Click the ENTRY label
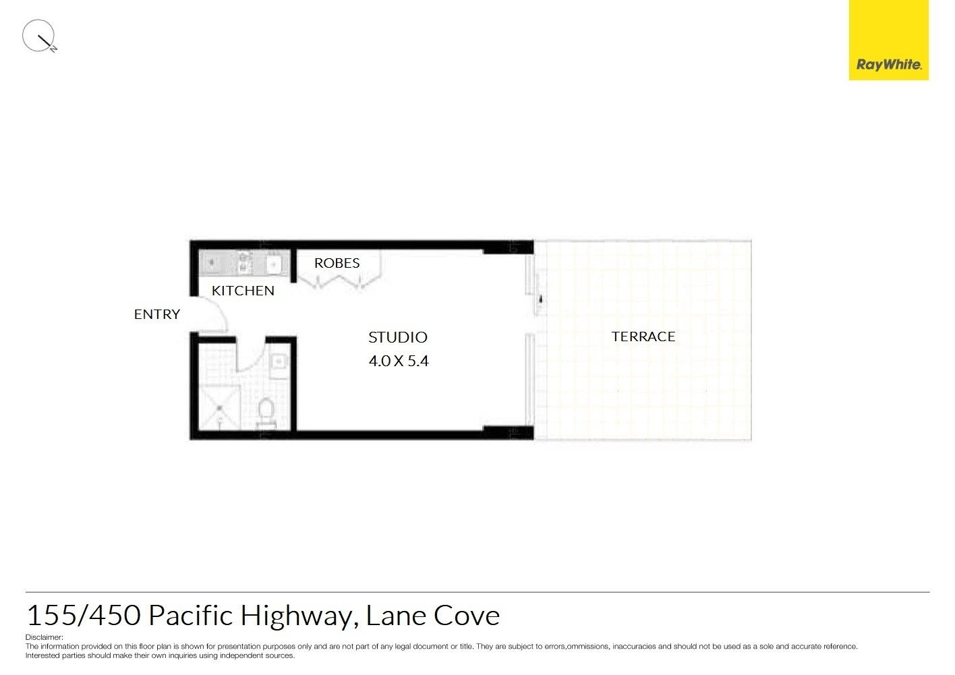(x=157, y=314)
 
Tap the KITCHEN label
(x=243, y=291)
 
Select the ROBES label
(x=337, y=263)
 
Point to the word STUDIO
(x=398, y=337)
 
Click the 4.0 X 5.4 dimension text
(x=399, y=361)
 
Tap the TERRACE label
(x=643, y=336)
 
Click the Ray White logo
(x=889, y=40)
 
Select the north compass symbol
(x=39, y=36)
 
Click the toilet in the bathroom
(x=266, y=413)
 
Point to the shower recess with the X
(x=220, y=408)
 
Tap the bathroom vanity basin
(x=280, y=362)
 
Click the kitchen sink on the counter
(x=273, y=264)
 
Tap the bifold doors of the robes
(x=339, y=281)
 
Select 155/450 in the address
(x=84, y=616)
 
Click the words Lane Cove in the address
(x=433, y=616)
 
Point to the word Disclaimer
(x=45, y=637)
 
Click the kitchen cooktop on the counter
(x=245, y=262)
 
